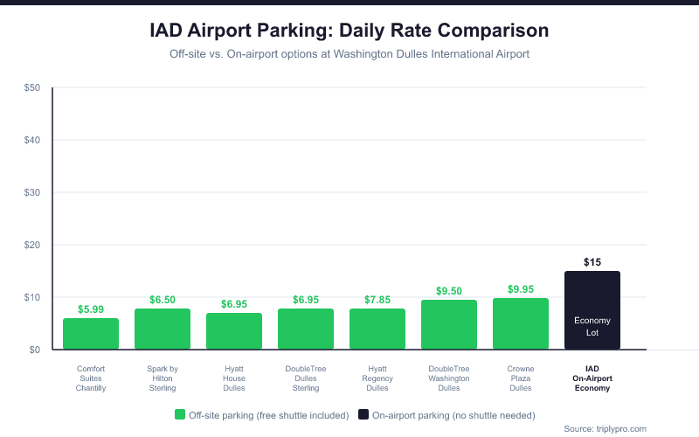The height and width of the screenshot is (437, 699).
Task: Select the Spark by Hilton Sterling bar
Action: pyautogui.click(x=163, y=329)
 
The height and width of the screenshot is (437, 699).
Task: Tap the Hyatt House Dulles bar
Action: pyautogui.click(x=234, y=331)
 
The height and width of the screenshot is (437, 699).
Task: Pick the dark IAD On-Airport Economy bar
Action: pyautogui.click(x=592, y=297)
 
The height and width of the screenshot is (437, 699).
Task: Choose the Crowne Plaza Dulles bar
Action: pyautogui.click(x=521, y=324)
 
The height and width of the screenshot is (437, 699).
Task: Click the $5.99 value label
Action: pyautogui.click(x=91, y=309)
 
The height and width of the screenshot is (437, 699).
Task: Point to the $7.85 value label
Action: pyautogui.click(x=377, y=300)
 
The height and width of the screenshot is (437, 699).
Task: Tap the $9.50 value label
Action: pyautogui.click(x=449, y=291)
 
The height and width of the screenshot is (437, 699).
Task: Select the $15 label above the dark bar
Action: pyautogui.click(x=592, y=262)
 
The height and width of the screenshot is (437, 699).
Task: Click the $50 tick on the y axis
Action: pyautogui.click(x=32, y=88)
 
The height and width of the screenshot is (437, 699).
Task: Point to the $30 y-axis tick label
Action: pyautogui.click(x=32, y=192)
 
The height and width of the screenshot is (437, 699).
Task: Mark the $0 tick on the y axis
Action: pyautogui.click(x=35, y=350)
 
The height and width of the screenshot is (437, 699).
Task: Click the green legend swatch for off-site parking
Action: pyautogui.click(x=180, y=415)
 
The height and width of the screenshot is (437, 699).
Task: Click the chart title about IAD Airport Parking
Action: pyautogui.click(x=349, y=31)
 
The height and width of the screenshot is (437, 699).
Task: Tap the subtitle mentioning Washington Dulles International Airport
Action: pyautogui.click(x=349, y=54)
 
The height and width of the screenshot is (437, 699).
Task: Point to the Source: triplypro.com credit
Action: pyautogui.click(x=605, y=428)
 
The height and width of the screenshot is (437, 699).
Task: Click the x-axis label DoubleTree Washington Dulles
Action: pyautogui.click(x=449, y=378)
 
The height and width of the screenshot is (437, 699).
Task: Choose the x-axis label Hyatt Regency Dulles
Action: pyautogui.click(x=377, y=378)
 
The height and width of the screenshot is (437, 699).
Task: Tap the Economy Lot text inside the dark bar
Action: pyautogui.click(x=592, y=326)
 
